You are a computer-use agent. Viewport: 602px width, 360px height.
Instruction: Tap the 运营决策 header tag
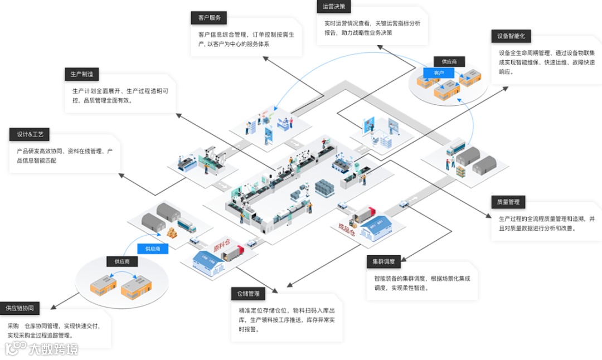pos(334,7)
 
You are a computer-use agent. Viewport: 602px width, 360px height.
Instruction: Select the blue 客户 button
pos(439,73)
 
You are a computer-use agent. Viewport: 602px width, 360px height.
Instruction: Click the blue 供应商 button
pos(153,249)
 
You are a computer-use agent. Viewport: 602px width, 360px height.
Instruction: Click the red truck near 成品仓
pos(362,215)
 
